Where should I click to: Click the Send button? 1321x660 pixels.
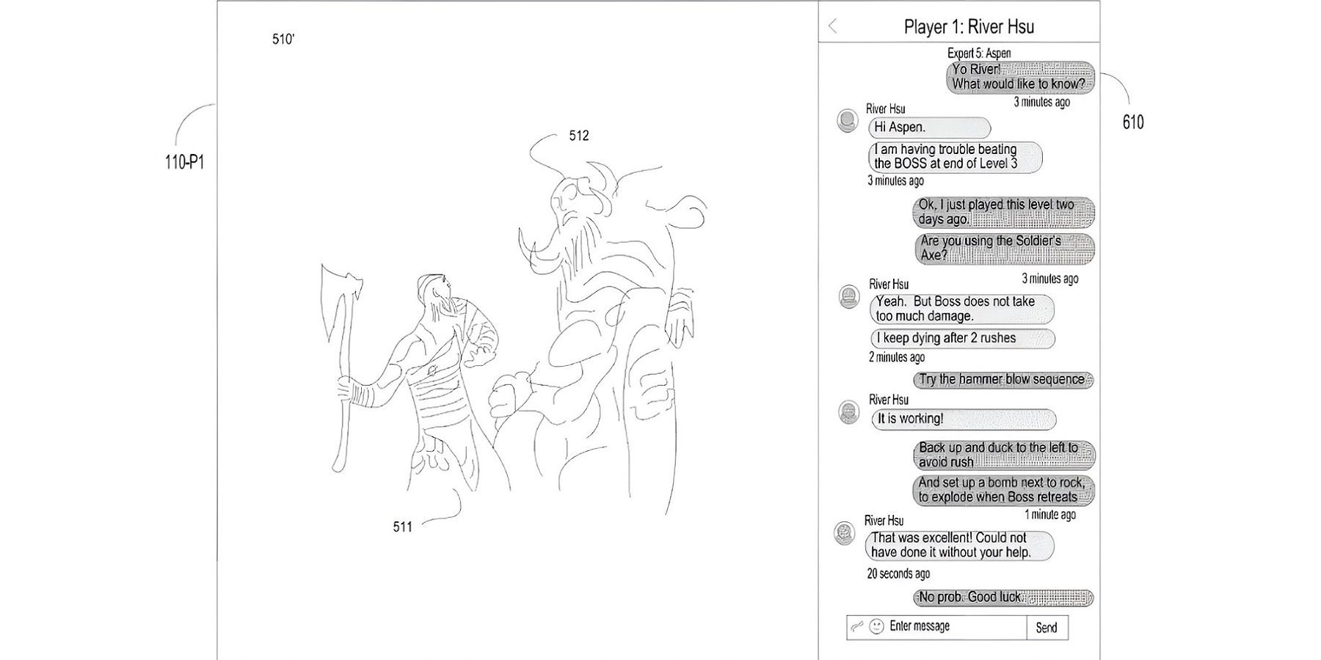point(1047,628)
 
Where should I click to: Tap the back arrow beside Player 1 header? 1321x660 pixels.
point(832,26)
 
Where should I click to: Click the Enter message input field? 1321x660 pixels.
point(936,627)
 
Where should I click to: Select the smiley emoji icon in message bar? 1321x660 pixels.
point(876,627)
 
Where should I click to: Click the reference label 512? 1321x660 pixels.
point(579,136)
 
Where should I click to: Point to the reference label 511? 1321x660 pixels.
point(403,527)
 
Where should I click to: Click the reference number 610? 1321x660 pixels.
point(1133,122)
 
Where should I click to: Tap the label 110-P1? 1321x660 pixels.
point(184,162)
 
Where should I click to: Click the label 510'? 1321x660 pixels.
point(283,40)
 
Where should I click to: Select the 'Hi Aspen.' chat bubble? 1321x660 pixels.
point(929,128)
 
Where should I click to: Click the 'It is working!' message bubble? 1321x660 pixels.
point(963,419)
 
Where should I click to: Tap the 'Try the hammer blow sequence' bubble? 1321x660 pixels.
point(1003,379)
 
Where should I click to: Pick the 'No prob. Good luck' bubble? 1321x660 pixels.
point(1003,598)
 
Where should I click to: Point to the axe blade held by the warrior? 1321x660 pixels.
point(338,290)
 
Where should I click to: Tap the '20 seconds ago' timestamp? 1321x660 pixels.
point(898,573)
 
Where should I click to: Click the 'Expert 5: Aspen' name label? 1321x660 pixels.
point(979,53)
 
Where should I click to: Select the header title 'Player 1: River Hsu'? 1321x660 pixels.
point(969,27)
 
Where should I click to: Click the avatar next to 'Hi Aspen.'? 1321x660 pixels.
point(848,120)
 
